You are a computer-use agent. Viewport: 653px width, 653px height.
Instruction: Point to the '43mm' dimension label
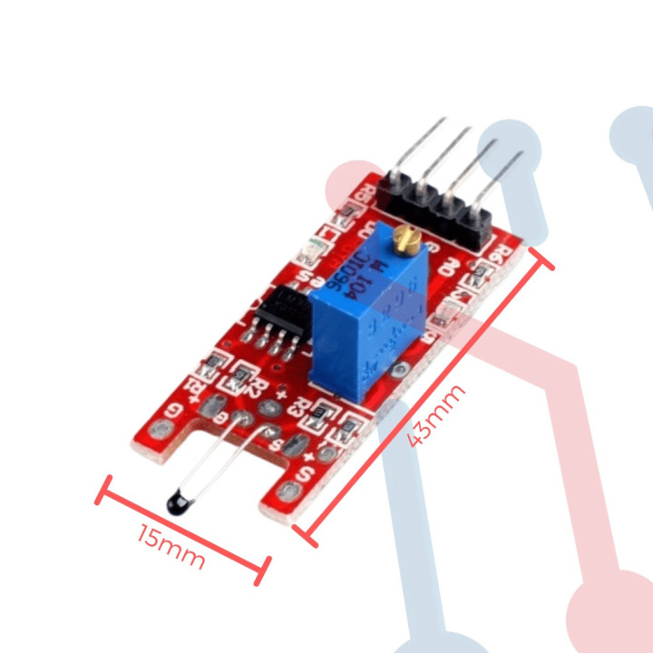pyautogui.click(x=436, y=414)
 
